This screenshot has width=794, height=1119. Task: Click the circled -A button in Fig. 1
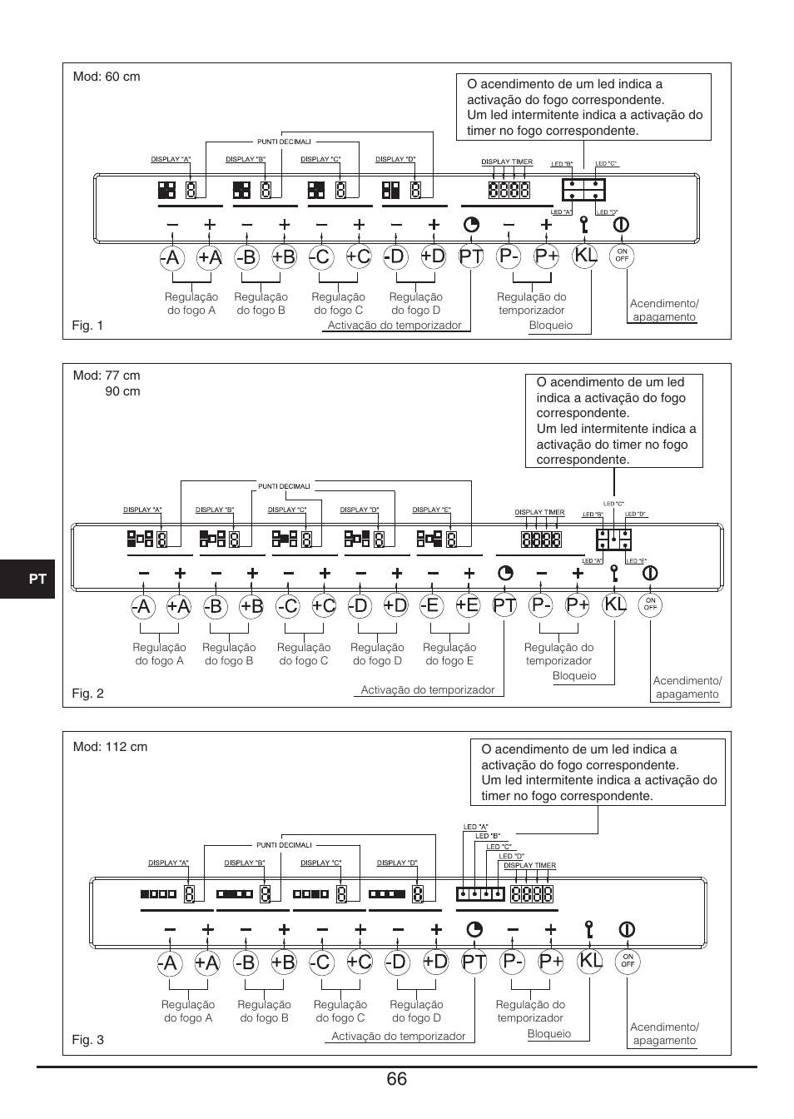click(171, 257)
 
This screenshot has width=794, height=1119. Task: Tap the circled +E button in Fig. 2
click(468, 605)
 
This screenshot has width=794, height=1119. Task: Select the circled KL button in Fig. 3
click(589, 961)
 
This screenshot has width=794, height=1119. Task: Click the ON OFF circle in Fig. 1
click(622, 256)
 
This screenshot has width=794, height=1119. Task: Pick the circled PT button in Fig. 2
click(504, 605)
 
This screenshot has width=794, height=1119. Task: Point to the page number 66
click(396, 1079)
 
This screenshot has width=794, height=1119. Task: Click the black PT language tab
click(27, 579)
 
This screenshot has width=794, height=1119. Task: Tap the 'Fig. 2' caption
click(88, 694)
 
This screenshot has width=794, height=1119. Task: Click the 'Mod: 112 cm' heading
click(110, 747)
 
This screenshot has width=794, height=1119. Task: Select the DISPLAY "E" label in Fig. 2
click(431, 510)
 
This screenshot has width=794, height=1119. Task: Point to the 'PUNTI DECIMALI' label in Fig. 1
click(284, 142)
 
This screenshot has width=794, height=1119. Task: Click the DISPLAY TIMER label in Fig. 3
click(529, 865)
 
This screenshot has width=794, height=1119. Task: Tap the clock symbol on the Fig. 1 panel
click(471, 225)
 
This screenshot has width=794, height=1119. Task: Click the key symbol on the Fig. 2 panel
click(615, 573)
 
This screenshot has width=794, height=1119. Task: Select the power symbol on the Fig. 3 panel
click(627, 929)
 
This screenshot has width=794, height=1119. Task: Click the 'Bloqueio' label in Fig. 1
click(551, 326)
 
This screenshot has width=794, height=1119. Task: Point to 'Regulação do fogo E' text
click(449, 654)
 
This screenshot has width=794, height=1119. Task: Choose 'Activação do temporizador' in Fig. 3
click(399, 1036)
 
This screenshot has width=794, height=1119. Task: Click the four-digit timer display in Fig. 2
click(541, 540)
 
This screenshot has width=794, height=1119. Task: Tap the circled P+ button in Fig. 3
click(551, 961)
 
